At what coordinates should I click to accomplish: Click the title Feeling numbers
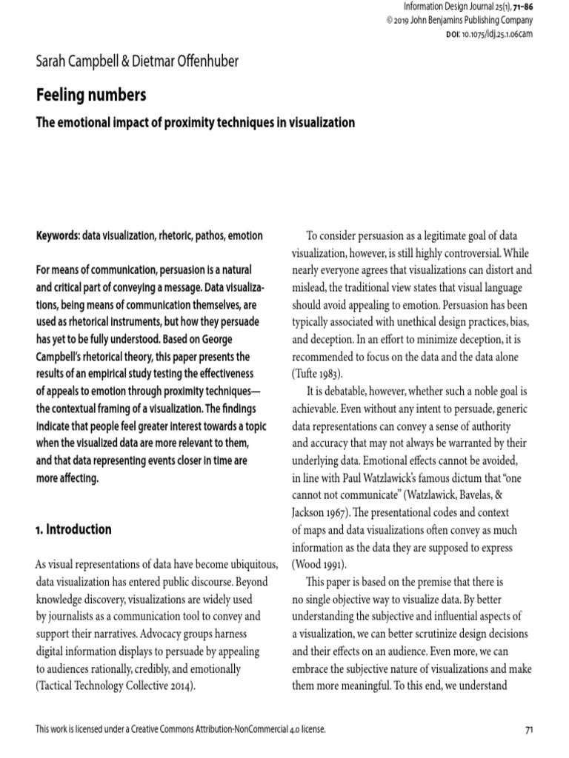pyautogui.click(x=91, y=95)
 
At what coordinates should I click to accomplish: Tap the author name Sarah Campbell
pyautogui.click(x=81, y=61)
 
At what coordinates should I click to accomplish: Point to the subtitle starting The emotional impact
pyautogui.click(x=196, y=122)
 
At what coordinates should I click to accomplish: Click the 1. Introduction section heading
pyautogui.click(x=74, y=529)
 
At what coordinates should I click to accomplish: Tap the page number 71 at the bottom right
pyautogui.click(x=529, y=729)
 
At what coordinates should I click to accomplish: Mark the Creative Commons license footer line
pyautogui.click(x=181, y=729)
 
